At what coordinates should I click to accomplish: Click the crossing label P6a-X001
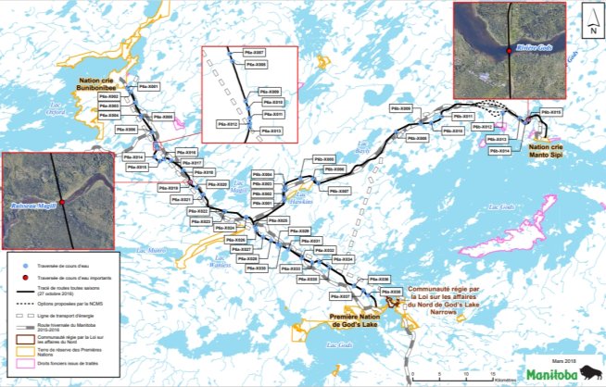tap(148, 86)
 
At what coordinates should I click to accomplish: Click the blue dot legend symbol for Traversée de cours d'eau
tap(17, 265)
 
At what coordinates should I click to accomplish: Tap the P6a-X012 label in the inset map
tap(227, 122)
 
